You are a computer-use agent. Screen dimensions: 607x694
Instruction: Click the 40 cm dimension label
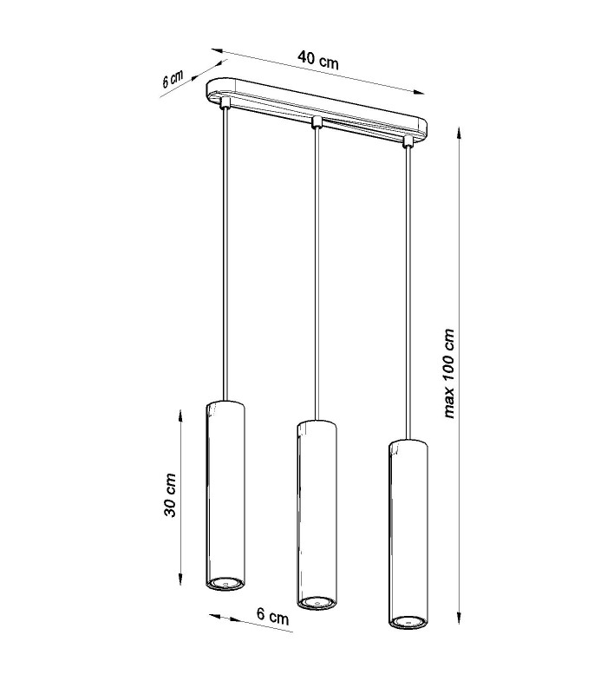pyautogui.click(x=318, y=60)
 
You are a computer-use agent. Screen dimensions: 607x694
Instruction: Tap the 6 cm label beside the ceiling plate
pyautogui.click(x=173, y=79)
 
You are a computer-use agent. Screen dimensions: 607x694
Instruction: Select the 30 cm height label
pyautogui.click(x=170, y=494)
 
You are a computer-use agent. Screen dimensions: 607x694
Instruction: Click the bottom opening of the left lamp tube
pyautogui.click(x=225, y=583)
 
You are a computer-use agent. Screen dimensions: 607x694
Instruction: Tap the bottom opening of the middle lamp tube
pyautogui.click(x=316, y=602)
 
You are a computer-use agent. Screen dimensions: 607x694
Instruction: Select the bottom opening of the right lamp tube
pyautogui.click(x=408, y=621)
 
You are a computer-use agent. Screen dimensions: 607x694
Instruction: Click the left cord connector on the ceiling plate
pyautogui.click(x=225, y=103)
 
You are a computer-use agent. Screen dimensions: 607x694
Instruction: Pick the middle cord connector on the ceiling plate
pyautogui.click(x=316, y=122)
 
